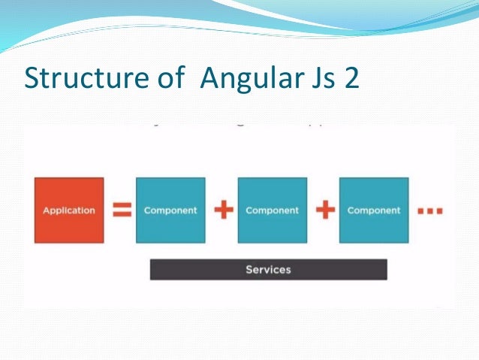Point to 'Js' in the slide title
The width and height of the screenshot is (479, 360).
click(x=323, y=77)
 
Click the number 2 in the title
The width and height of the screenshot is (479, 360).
click(x=351, y=77)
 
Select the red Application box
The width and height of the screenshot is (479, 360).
click(x=69, y=210)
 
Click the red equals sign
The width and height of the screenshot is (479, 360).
click(x=121, y=210)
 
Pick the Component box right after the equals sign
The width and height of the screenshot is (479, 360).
click(x=170, y=210)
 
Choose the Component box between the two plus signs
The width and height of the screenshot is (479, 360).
click(x=272, y=210)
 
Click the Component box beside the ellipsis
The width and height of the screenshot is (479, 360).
click(x=374, y=210)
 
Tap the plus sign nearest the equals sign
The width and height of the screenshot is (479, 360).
click(x=222, y=210)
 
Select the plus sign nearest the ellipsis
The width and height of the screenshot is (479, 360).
click(x=324, y=210)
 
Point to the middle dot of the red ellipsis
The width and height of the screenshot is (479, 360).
click(x=429, y=212)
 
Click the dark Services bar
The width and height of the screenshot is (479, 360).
click(x=268, y=269)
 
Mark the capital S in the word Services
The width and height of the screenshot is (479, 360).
click(x=249, y=269)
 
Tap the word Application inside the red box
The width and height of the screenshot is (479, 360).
click(x=69, y=210)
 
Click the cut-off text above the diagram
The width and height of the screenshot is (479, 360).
click(x=240, y=121)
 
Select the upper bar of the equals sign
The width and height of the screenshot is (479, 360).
click(x=121, y=206)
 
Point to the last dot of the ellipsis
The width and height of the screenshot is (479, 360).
click(x=438, y=212)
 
